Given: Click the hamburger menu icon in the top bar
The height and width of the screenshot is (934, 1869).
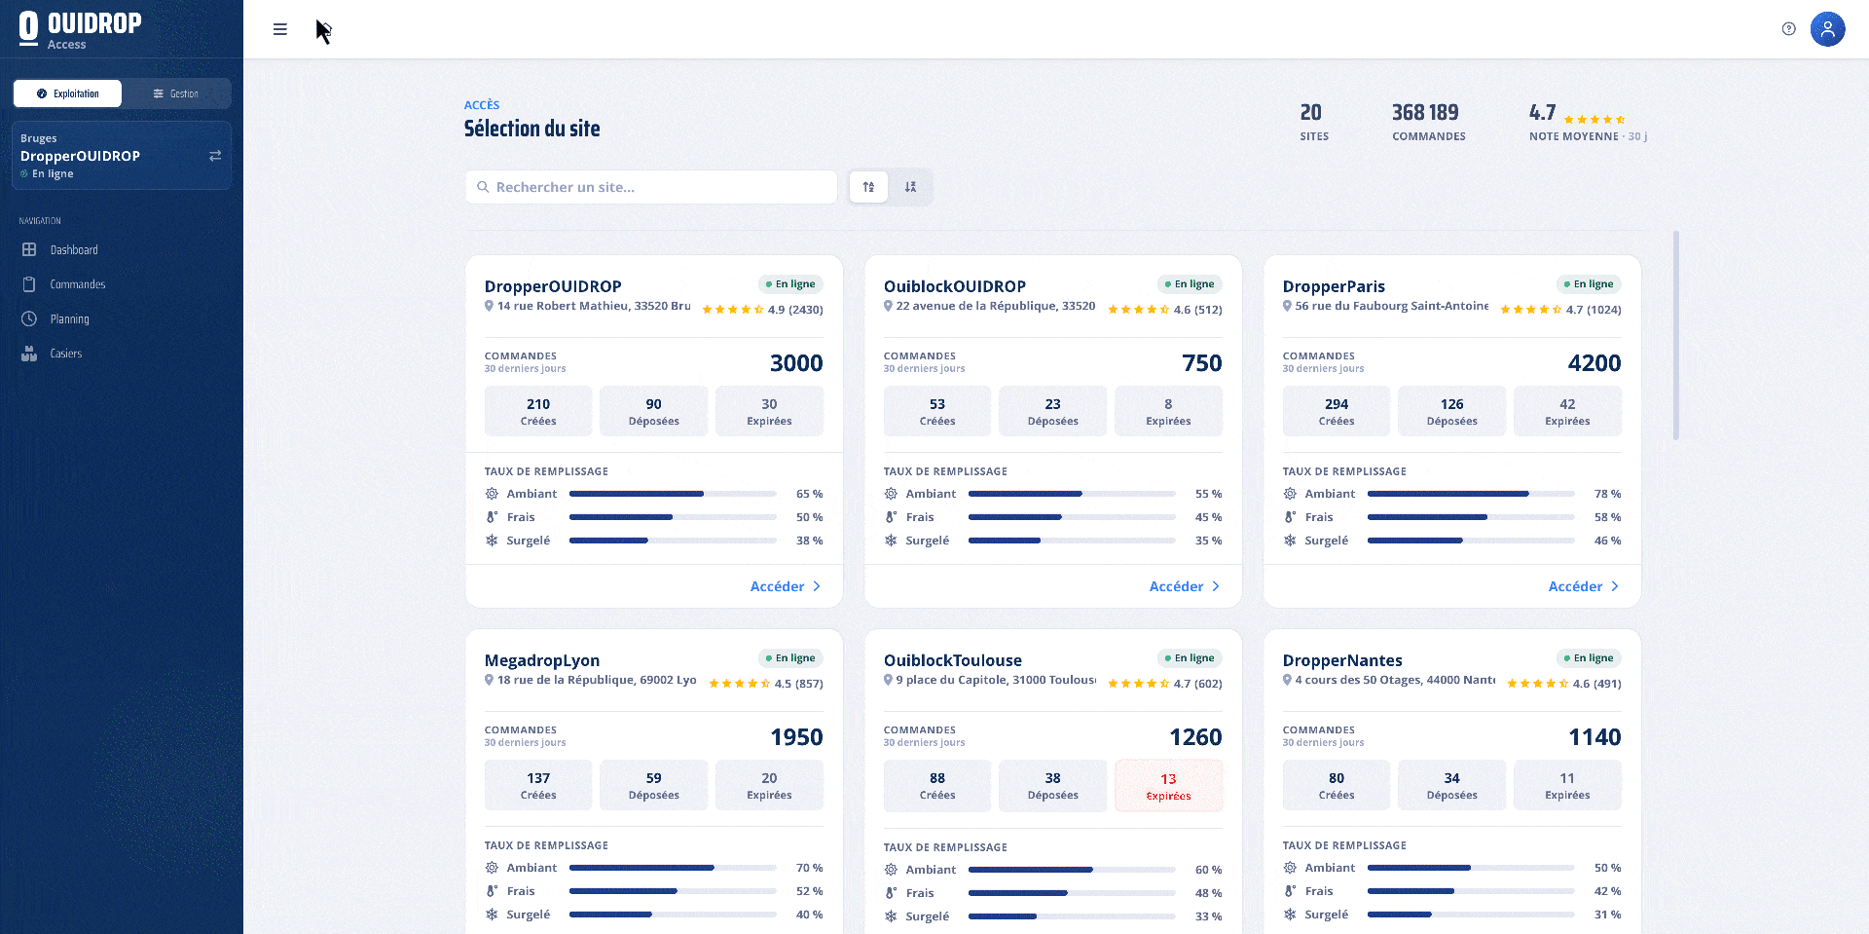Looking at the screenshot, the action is [280, 29].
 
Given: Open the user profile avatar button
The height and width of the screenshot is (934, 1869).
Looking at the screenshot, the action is [1827, 29].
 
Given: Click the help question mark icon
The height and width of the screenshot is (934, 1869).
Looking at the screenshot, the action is [1788, 29].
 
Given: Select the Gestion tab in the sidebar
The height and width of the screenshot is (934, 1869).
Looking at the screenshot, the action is [176, 93].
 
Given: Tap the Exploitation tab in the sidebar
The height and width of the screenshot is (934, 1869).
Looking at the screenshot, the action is [68, 93].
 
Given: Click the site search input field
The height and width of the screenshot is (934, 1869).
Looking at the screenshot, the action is [651, 187].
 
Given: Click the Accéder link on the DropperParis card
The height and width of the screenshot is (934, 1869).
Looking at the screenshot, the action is [1584, 586].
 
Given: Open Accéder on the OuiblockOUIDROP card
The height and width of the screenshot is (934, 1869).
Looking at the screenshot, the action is [1185, 586].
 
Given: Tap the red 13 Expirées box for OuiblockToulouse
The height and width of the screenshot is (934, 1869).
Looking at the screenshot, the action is [1168, 785].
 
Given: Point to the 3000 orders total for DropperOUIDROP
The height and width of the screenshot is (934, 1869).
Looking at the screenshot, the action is [796, 363].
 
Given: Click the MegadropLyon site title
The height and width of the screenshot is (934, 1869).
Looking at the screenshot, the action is [542, 660].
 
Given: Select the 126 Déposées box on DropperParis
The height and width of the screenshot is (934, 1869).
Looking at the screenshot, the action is [1451, 411].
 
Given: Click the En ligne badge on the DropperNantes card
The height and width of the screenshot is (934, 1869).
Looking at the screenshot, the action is [1589, 658].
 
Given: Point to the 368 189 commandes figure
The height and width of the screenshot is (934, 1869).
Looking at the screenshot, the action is [1425, 113].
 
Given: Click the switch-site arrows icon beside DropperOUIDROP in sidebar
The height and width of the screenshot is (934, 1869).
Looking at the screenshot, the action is [215, 156].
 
